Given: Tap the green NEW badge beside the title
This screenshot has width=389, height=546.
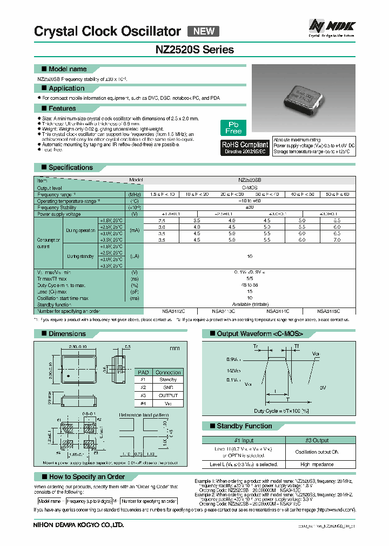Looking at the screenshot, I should point(204,31).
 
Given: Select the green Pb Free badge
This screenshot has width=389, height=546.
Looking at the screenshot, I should point(233,128).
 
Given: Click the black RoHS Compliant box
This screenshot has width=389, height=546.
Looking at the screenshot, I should point(245,148).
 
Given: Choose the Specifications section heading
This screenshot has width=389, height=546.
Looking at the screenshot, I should point(70,167).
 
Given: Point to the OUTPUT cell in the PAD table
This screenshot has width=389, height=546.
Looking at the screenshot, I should point(168,395).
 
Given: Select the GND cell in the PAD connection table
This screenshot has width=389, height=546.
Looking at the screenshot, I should point(168,387).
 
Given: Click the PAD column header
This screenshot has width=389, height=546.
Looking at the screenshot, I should point(143,372).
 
